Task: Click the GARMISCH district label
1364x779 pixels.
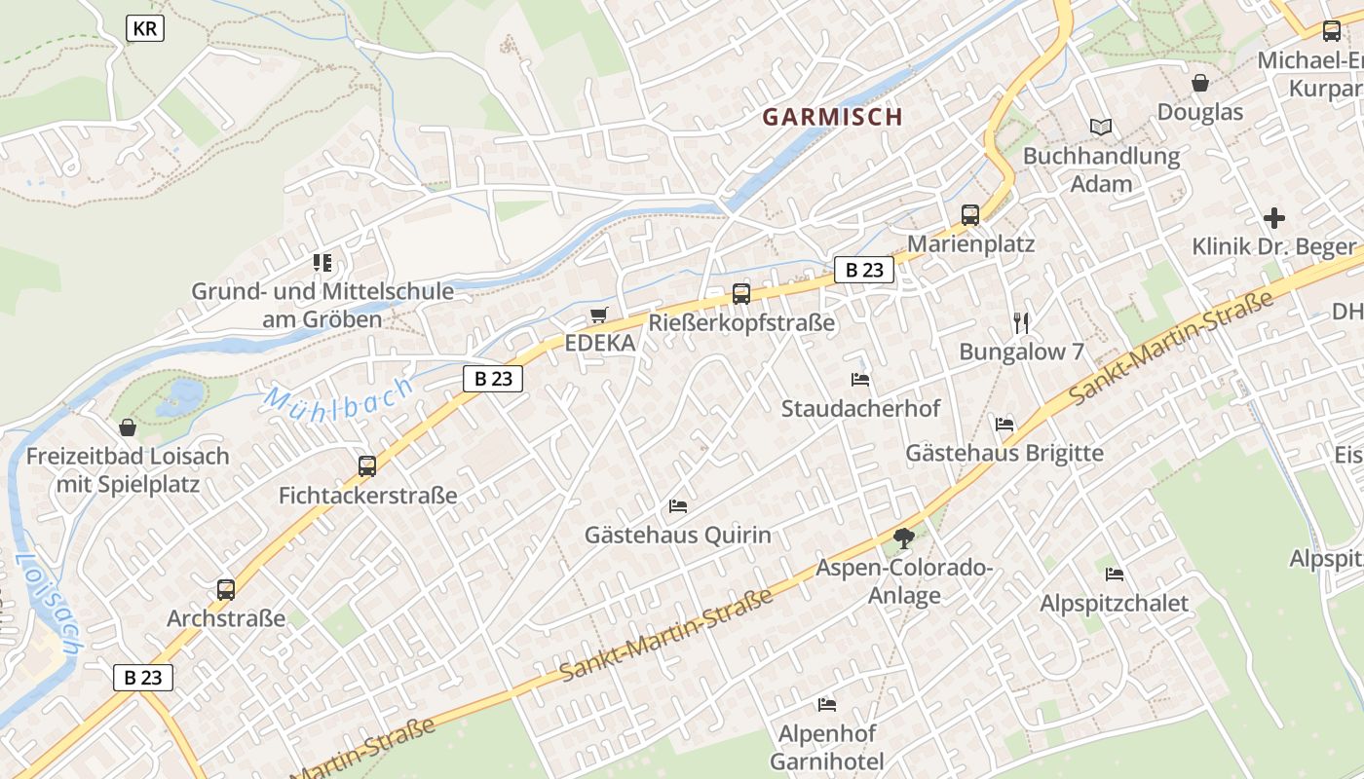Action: pos(832,117)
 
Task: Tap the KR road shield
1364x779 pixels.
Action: pos(145,29)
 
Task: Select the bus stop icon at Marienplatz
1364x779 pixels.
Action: pos(970,215)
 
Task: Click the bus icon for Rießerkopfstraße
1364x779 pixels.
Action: pos(741,293)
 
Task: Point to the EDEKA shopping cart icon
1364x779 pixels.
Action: pos(598,315)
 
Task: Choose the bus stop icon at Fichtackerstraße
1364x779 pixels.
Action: pos(367,465)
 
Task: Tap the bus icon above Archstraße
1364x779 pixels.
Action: pos(226,589)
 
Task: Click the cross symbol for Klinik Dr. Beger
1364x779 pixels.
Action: pos(1273,218)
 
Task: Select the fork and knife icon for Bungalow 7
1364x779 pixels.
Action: pos(1021,322)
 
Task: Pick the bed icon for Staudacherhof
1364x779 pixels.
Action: pos(860,379)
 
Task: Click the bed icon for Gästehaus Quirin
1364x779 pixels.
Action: pos(678,505)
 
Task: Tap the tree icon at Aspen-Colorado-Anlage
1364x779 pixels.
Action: pos(904,538)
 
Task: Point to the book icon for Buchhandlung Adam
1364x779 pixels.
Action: pos(1101,127)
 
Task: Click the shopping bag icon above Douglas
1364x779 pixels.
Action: pos(1200,83)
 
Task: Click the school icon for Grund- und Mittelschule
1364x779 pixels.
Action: pos(322,262)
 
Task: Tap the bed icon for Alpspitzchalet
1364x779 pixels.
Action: pos(1115,574)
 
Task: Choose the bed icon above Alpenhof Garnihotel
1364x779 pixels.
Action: pos(827,704)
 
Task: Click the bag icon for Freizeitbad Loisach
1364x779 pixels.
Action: pos(128,427)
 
